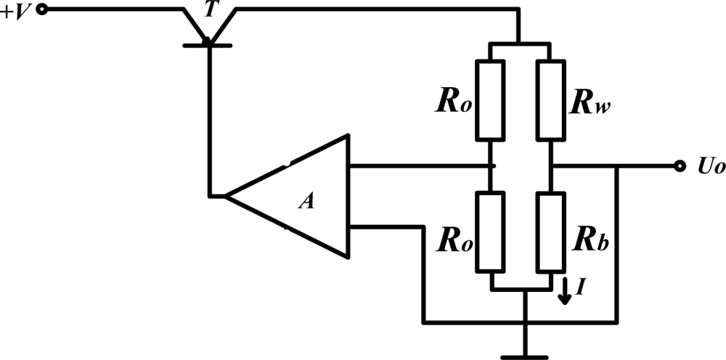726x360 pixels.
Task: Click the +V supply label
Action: pos(16,12)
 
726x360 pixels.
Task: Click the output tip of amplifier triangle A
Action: pos(227,196)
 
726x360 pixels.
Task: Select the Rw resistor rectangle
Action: pos(550,100)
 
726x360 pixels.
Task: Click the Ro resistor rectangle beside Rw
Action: pos(490,100)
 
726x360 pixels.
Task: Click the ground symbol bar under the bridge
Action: pos(523,356)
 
